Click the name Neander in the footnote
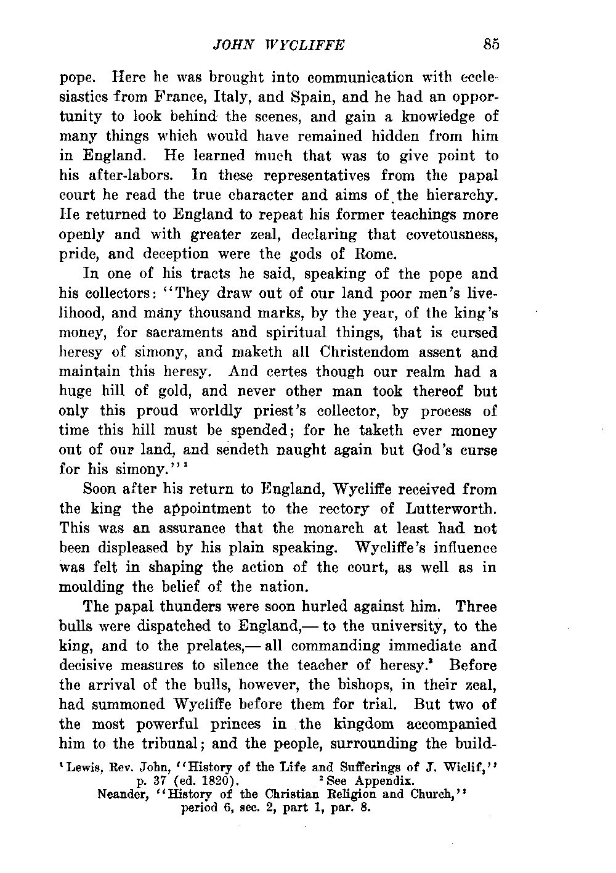click(x=123, y=793)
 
